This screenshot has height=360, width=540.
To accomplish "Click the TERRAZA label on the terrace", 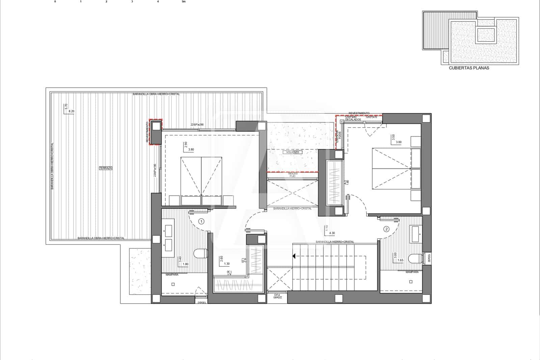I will click(106, 168).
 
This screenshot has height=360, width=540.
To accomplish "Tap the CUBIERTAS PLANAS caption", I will click(469, 68).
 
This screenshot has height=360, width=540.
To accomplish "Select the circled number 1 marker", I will click(201, 222).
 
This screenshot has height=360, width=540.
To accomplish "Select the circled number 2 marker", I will click(386, 229).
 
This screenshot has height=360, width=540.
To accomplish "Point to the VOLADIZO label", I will click(293, 152).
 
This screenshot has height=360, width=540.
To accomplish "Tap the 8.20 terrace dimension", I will click(71, 111).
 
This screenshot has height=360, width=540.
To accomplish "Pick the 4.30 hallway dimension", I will click(332, 233).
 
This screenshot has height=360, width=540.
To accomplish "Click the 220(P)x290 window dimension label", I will click(197, 125).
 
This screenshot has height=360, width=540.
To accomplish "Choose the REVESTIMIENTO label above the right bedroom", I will click(359, 113).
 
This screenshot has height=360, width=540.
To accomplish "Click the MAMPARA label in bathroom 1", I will click(172, 275).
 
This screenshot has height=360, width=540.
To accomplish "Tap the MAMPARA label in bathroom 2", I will click(412, 272).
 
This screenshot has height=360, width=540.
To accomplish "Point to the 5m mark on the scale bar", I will click(184, 2).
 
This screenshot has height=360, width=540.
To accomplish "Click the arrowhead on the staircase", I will click(294, 256).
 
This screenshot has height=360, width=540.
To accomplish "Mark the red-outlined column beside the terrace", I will click(156, 132).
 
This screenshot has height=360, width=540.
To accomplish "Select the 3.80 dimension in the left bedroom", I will click(191, 149).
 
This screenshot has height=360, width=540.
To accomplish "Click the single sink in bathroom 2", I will click(415, 231).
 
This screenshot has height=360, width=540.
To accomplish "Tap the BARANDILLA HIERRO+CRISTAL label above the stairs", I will click(335, 242).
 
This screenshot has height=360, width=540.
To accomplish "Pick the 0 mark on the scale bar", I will click(55, 2).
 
